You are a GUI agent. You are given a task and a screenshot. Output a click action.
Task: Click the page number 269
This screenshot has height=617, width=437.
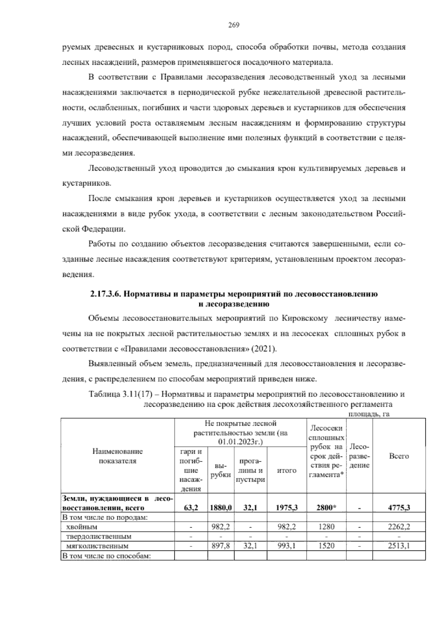233,25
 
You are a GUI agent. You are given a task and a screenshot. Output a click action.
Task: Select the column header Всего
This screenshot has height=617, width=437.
399,456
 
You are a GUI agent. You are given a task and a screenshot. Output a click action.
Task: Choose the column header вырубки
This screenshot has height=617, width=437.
221,470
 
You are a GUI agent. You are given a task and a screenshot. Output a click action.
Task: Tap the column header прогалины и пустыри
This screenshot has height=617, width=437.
250,470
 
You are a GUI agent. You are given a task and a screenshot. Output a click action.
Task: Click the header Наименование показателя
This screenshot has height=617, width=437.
117,456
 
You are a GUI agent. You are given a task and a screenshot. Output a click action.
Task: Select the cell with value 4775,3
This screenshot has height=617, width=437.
399,507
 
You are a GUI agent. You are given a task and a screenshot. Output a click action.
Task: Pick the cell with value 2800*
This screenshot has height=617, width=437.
326,507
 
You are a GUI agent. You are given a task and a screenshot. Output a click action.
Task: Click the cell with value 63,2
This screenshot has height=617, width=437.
191,507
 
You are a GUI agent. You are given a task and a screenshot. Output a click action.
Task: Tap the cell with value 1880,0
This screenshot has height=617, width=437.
221,507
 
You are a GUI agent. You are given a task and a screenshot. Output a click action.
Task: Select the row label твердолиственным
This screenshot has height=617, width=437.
98,536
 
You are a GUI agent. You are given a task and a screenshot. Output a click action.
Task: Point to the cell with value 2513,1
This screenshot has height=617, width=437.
399,546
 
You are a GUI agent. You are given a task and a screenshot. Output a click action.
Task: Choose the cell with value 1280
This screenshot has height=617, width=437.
326,526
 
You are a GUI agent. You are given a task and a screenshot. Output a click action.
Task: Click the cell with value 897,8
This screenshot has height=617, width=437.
221,546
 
